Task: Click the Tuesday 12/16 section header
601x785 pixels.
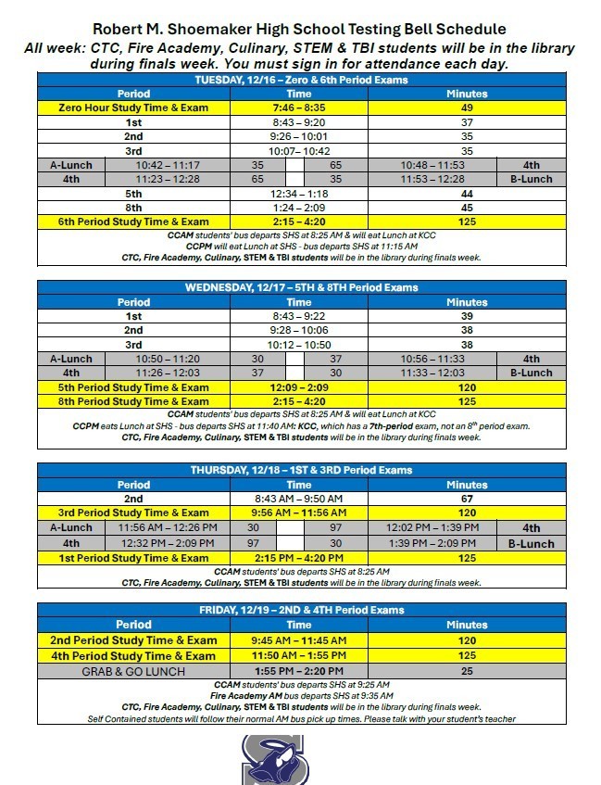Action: pos(300,80)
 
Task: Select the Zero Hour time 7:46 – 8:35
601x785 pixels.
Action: pos(299,108)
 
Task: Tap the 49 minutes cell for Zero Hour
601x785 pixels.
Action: pos(467,108)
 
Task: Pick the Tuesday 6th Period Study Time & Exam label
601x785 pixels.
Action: pos(133,222)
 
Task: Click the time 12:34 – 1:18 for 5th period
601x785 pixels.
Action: pos(299,194)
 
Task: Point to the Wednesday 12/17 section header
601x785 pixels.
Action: pos(300,287)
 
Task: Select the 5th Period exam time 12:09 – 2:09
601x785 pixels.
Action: pos(299,387)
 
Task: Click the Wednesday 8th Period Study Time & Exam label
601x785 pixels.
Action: pos(133,401)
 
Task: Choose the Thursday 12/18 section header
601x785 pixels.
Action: pos(300,470)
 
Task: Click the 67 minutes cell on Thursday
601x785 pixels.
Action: pos(467,499)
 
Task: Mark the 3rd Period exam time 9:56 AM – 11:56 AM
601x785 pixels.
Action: pos(299,513)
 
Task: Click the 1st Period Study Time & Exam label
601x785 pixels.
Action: pos(133,558)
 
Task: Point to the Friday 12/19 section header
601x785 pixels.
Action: pos(300,610)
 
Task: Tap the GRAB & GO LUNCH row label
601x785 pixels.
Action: pos(133,671)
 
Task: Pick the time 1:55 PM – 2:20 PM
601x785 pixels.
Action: pos(299,671)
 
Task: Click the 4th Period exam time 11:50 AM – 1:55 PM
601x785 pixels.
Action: pos(299,656)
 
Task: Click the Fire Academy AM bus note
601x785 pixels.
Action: pos(300,695)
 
